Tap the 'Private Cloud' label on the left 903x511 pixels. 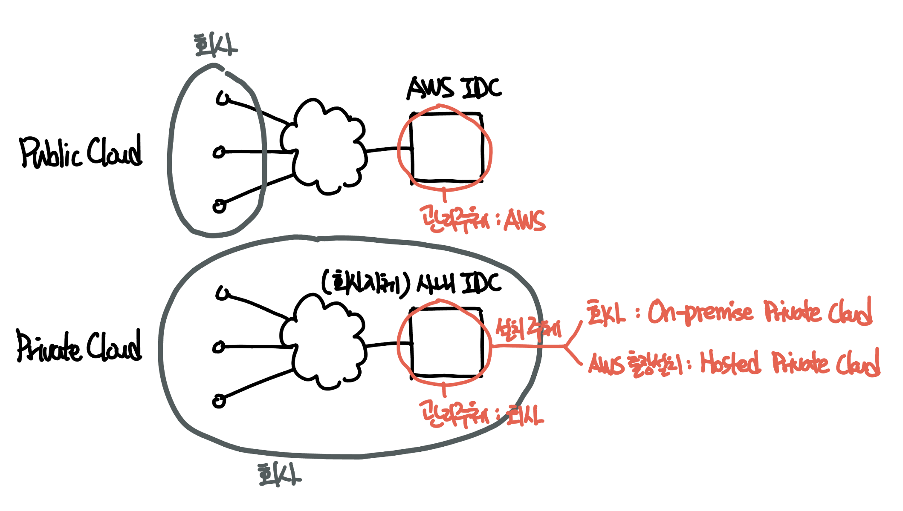(x=79, y=346)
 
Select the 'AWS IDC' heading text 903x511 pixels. (x=454, y=88)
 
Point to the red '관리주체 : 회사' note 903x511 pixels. (x=482, y=414)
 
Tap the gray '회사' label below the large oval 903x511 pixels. (x=279, y=474)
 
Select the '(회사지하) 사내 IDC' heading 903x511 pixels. (x=411, y=284)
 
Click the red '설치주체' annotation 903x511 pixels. (x=528, y=329)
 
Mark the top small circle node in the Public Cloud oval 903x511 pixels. (x=222, y=98)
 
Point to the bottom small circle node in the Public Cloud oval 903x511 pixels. (x=219, y=207)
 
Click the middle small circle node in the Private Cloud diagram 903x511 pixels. (x=219, y=347)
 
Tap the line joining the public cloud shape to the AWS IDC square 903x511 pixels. (x=388, y=149)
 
